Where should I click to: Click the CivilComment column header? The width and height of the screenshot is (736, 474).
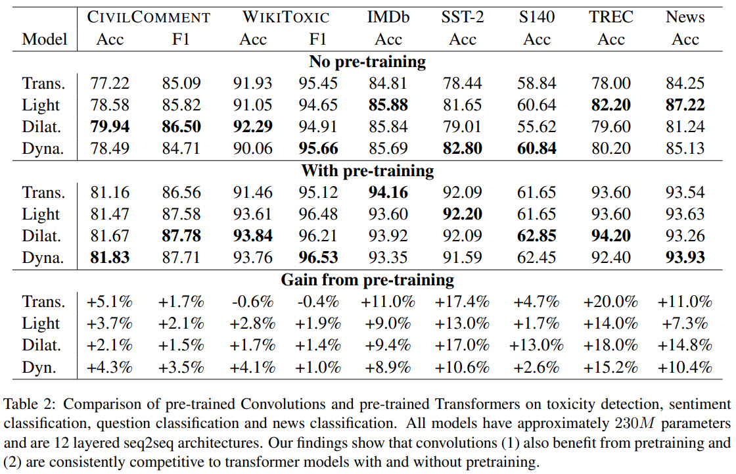tap(149, 17)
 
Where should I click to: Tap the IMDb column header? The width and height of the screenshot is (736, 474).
tap(388, 17)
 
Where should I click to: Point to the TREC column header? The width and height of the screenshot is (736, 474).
tap(610, 17)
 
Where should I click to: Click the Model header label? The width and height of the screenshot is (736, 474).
tap(45, 39)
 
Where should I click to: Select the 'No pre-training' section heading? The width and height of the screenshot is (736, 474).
tap(367, 62)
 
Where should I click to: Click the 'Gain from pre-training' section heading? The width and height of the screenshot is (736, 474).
tap(367, 280)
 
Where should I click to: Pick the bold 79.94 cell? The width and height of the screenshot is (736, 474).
tap(110, 127)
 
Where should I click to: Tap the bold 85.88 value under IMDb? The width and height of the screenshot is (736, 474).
tap(388, 105)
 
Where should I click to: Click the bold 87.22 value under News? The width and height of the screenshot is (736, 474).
tap(685, 105)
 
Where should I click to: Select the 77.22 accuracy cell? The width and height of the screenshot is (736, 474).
tap(110, 83)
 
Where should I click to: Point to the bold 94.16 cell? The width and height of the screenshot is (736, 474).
tap(388, 193)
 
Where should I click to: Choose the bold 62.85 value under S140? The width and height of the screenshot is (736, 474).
tap(536, 236)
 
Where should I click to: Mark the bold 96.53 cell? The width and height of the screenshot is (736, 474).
tap(317, 258)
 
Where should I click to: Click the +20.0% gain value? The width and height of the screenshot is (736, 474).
tap(610, 302)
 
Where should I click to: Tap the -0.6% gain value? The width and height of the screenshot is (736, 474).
tap(252, 302)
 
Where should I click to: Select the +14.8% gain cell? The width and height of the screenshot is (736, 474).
tap(685, 345)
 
